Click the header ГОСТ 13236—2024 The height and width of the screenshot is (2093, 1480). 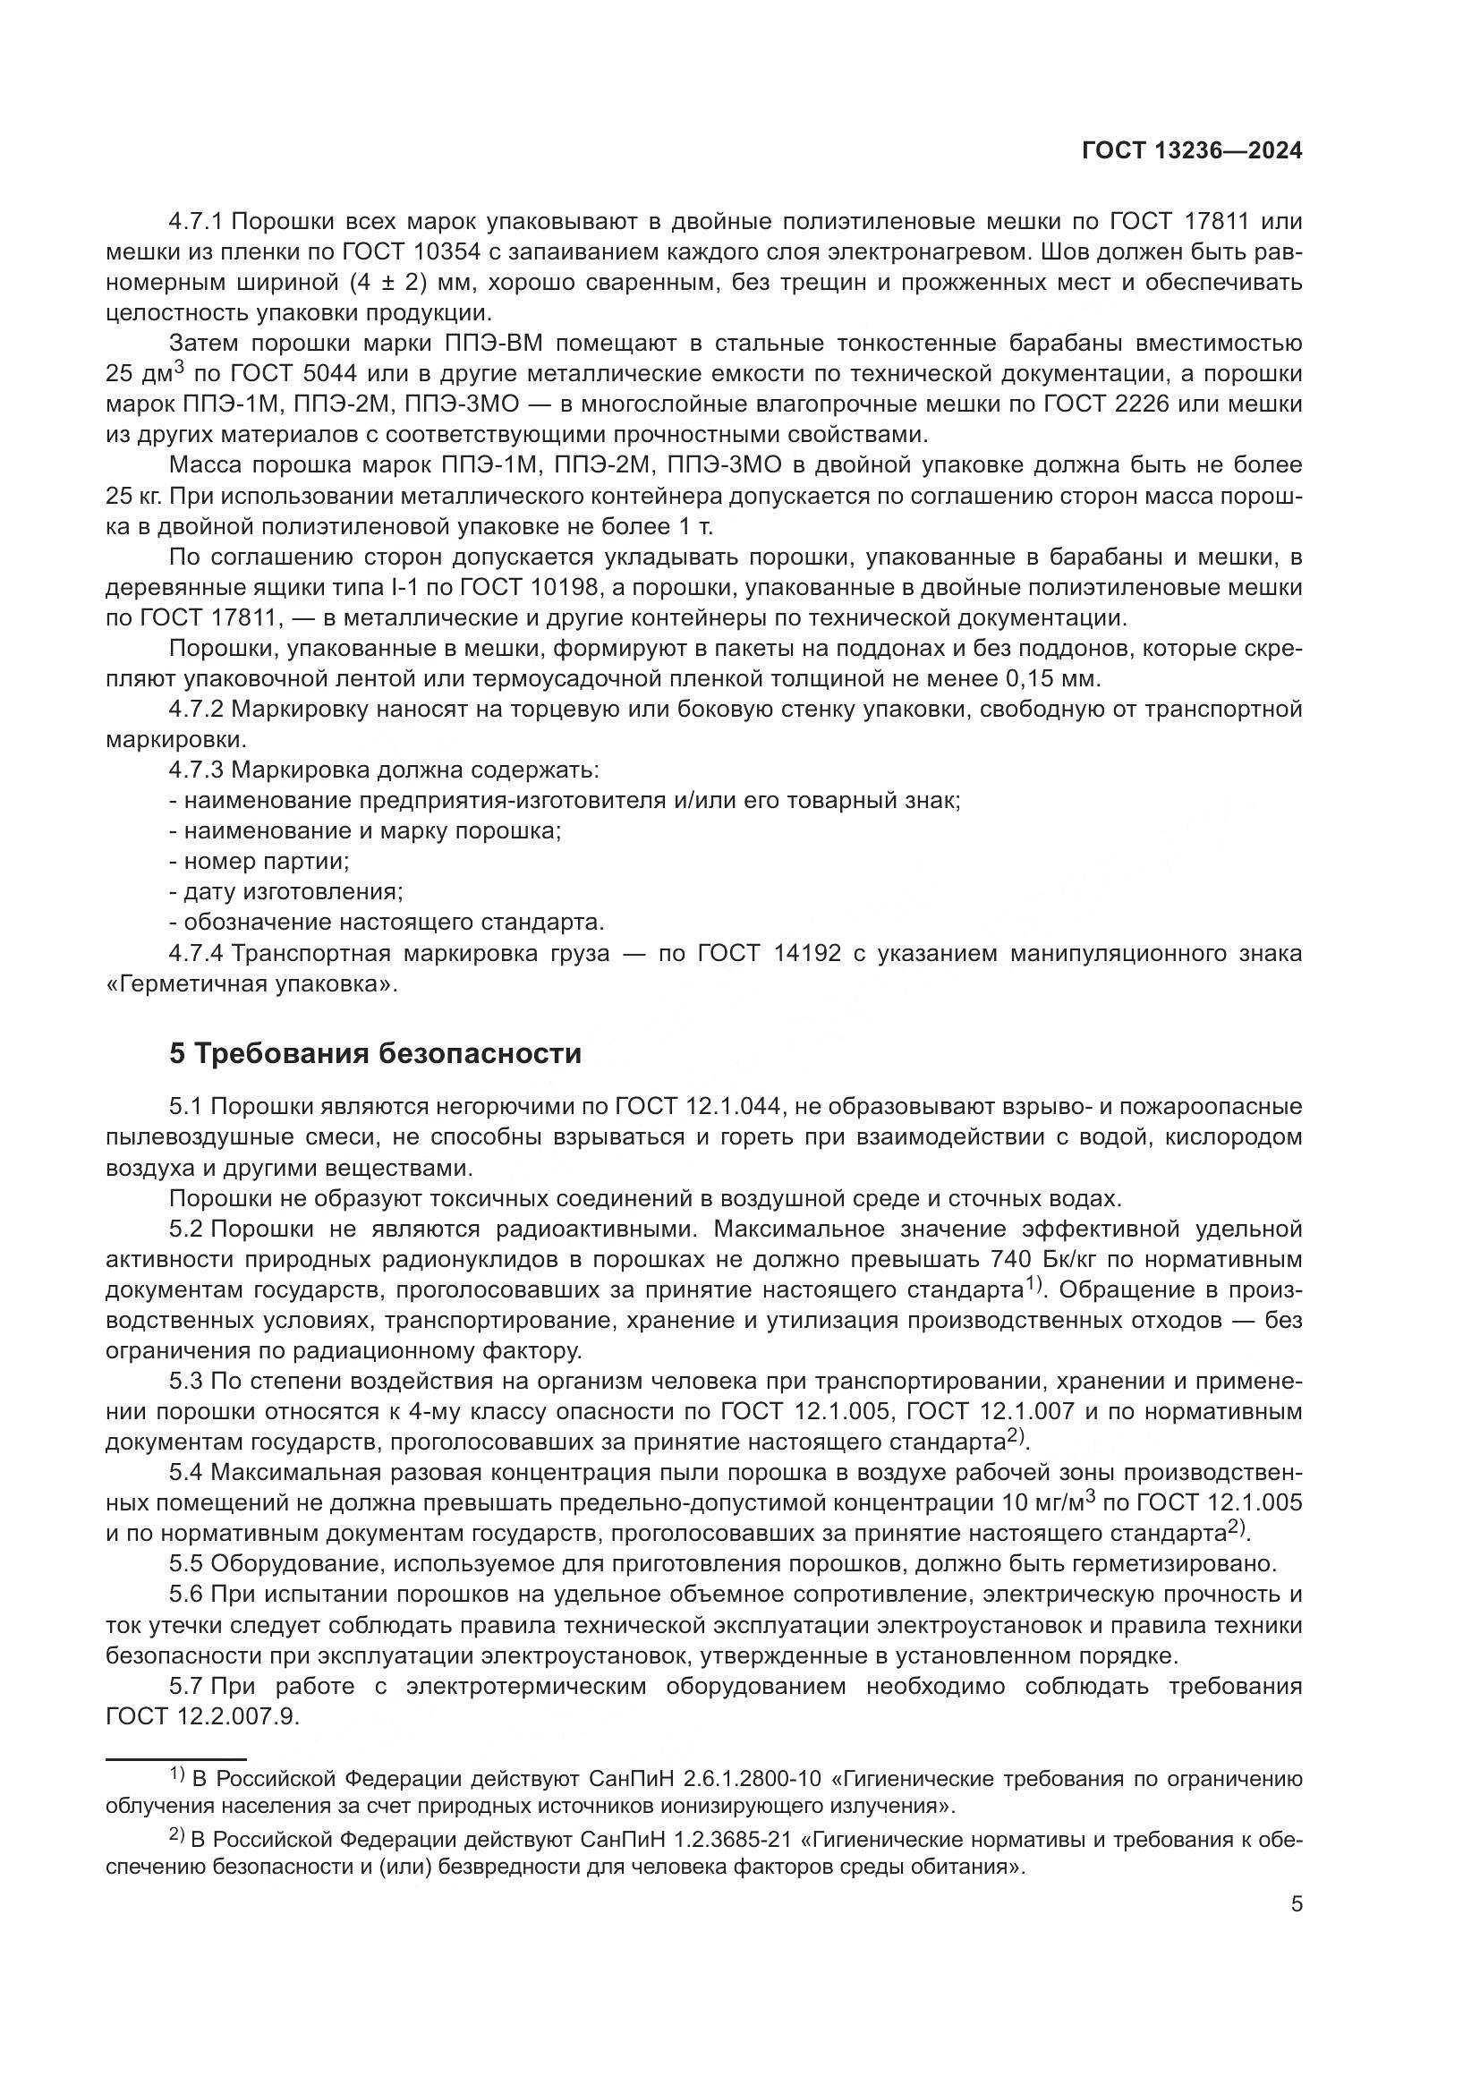tap(1191, 151)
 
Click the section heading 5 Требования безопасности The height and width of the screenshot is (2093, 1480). tap(375, 1053)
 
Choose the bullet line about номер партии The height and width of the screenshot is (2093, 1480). tap(259, 862)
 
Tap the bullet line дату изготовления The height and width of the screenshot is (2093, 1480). tap(286, 891)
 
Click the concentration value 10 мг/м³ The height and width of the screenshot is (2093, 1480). tap(1042, 1502)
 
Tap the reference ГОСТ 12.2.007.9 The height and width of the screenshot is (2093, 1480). tap(201, 1716)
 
